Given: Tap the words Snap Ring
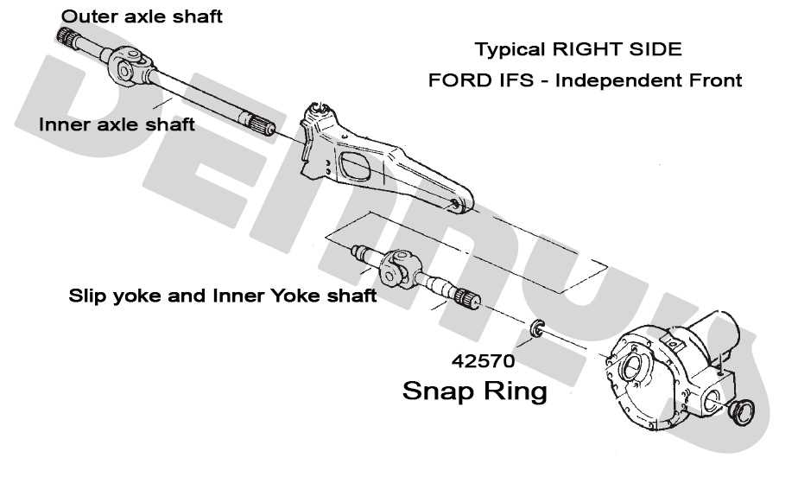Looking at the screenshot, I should [x=475, y=391].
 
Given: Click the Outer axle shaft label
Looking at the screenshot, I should [x=142, y=16].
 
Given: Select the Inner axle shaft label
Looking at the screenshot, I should [x=117, y=124].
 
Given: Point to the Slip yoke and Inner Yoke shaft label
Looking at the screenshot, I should [x=222, y=296].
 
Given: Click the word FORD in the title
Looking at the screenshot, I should [x=455, y=80].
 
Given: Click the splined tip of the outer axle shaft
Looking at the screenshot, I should [x=67, y=37].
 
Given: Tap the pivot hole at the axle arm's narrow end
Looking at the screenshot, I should [x=455, y=205].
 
